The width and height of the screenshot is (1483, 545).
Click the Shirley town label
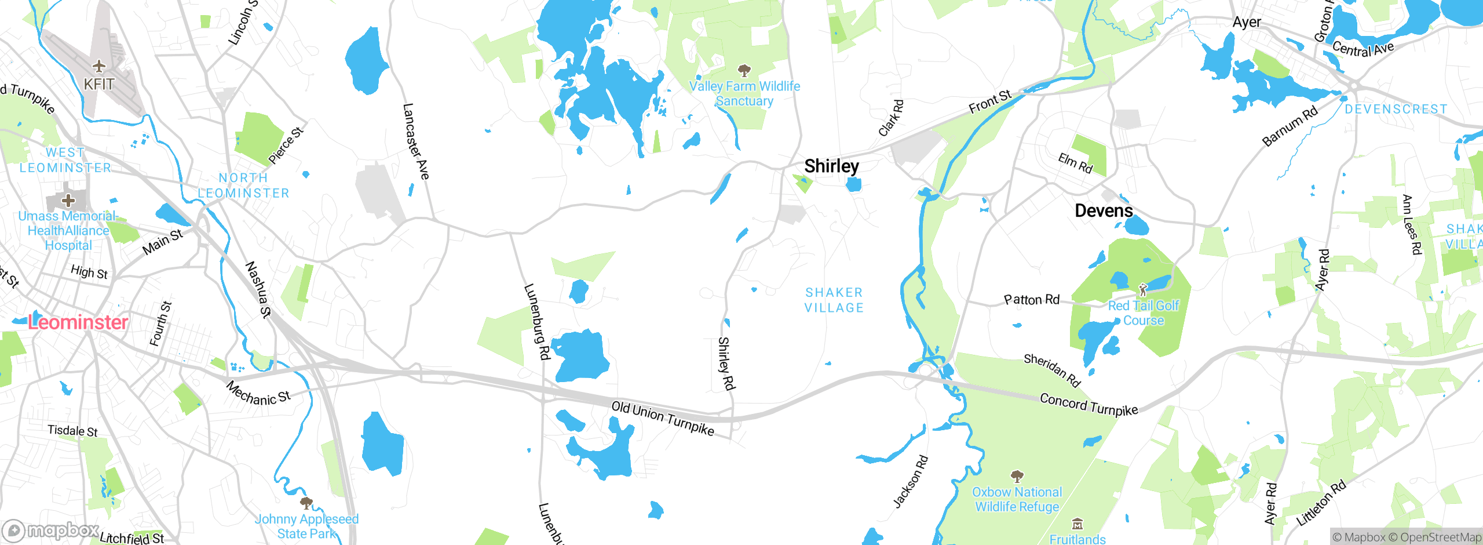click(831, 166)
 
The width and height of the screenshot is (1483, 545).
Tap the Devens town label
click(1104, 210)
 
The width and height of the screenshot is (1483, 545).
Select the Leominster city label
click(78, 322)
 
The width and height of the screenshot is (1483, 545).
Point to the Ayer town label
click(1247, 23)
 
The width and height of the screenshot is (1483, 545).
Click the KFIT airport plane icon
click(99, 66)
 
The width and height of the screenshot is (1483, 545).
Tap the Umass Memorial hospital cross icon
click(68, 201)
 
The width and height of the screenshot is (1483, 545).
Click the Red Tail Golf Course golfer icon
click(1143, 289)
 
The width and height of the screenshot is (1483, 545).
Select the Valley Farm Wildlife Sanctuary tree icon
click(744, 71)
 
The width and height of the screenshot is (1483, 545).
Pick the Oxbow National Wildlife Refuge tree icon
click(1017, 477)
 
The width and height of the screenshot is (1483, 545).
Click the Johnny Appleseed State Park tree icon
click(306, 503)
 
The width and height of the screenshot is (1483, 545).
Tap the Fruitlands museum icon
click(1077, 525)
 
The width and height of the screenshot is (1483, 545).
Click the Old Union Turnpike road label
click(663, 418)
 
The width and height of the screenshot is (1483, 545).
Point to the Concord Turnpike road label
click(1088, 404)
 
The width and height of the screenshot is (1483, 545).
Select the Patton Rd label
click(1032, 300)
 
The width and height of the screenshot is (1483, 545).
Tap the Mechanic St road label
click(258, 393)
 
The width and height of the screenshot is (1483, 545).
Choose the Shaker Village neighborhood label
click(834, 300)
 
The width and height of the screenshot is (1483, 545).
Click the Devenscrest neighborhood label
click(1396, 109)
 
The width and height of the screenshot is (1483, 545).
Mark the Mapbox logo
click(51, 530)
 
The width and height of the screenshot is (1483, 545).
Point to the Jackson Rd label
click(911, 482)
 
